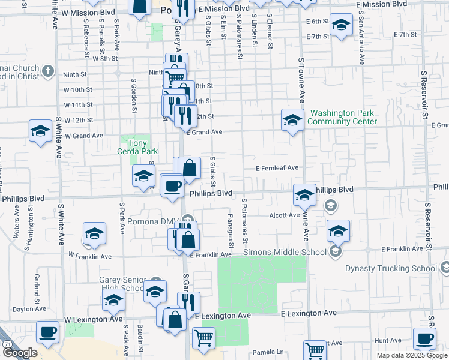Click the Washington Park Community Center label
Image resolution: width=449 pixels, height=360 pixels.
[x=342, y=117]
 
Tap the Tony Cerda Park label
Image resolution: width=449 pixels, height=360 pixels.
[x=133, y=147]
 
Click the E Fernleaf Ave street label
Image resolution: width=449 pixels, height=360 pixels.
[x=277, y=169]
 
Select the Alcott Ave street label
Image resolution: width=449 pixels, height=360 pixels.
[x=284, y=215]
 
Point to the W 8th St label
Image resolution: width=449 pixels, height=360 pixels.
[x=105, y=59]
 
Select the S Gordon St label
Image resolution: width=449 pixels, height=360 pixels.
[x=133, y=94]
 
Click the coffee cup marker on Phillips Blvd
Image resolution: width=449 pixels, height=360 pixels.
[x=172, y=185]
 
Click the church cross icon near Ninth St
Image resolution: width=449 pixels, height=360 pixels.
[x=48, y=72]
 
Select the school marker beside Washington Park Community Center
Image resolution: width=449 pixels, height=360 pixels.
[x=292, y=120]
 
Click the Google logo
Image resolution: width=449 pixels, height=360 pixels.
[x=19, y=353]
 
